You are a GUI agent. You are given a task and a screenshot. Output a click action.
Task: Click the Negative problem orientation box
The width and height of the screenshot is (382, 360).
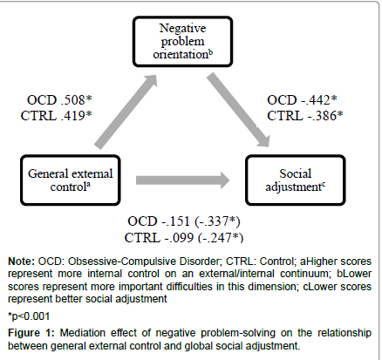tap(182, 42)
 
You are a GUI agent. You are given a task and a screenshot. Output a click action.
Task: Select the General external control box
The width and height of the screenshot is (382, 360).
tap(71, 180)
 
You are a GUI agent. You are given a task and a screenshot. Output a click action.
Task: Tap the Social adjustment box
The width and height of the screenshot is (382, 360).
tap(296, 180)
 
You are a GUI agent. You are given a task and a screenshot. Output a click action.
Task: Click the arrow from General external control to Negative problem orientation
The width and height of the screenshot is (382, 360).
tap(126, 112)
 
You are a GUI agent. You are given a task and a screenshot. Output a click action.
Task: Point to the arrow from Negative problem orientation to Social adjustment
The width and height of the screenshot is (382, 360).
tap(238, 110)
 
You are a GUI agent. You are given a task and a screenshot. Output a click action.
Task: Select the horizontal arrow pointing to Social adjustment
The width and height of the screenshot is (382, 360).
tap(183, 180)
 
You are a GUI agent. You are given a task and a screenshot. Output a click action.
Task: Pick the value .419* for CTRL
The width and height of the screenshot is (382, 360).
tap(77, 116)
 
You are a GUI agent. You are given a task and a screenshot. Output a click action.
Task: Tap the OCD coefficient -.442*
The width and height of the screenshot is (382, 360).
tap(319, 100)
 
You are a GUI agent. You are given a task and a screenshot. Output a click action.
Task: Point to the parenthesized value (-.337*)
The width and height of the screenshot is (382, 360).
tap(218, 221)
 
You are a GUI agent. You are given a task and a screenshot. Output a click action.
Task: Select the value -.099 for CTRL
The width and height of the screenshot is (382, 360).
tap(179, 238)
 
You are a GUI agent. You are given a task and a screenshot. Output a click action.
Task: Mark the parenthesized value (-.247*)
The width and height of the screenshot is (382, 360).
tap(221, 238)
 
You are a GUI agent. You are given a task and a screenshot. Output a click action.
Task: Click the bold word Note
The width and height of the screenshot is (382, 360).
tap(22, 262)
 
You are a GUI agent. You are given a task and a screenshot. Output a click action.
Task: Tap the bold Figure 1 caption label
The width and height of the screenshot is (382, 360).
tap(31, 333)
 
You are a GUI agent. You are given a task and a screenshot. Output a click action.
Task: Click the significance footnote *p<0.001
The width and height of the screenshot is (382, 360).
tap(29, 316)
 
